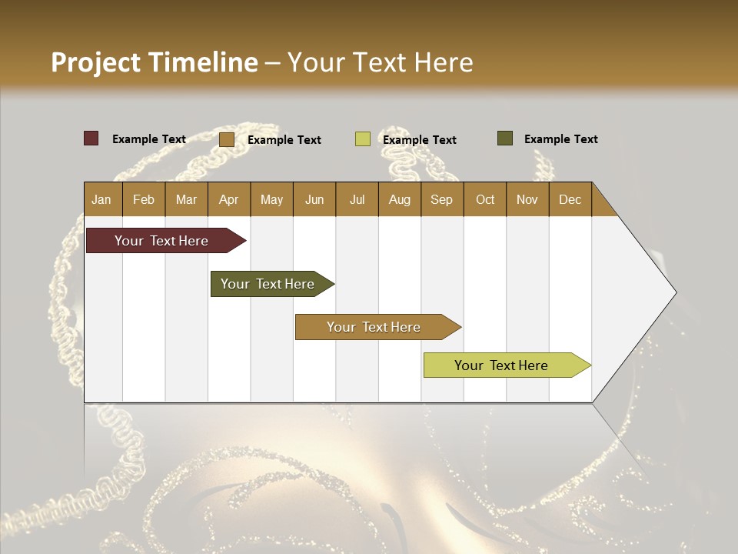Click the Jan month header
click(101, 199)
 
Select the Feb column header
click(144, 199)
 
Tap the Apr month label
click(228, 199)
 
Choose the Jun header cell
click(314, 199)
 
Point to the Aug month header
click(399, 199)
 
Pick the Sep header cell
click(441, 199)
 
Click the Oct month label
click(485, 199)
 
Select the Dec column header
click(570, 199)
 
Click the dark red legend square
click(91, 138)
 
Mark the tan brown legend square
click(226, 139)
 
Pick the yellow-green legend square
click(362, 139)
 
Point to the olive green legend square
click(504, 138)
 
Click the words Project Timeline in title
click(155, 62)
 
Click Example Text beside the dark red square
click(149, 139)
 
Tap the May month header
click(271, 199)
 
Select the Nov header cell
click(527, 199)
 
